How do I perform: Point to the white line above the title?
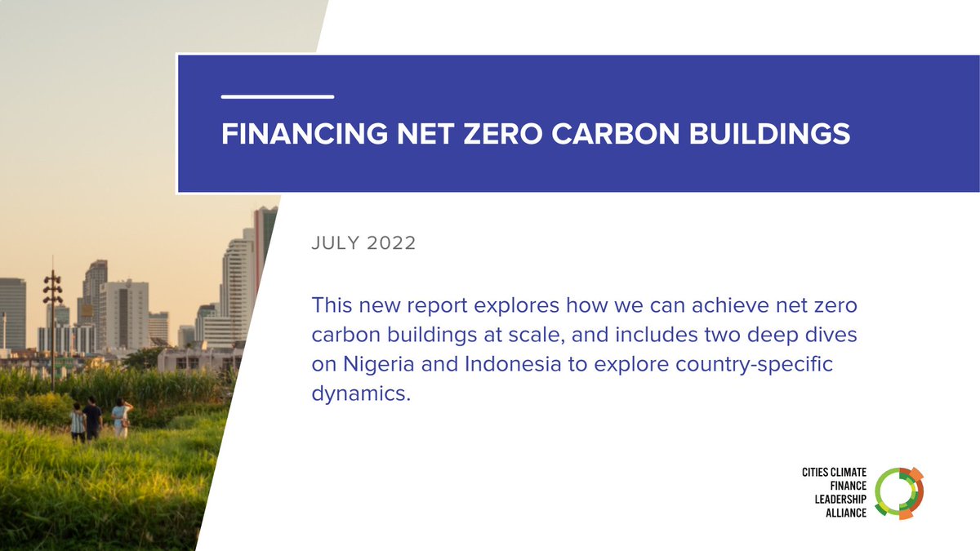point(278,96)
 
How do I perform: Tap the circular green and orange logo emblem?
point(898,494)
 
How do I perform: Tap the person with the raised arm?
point(121,417)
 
